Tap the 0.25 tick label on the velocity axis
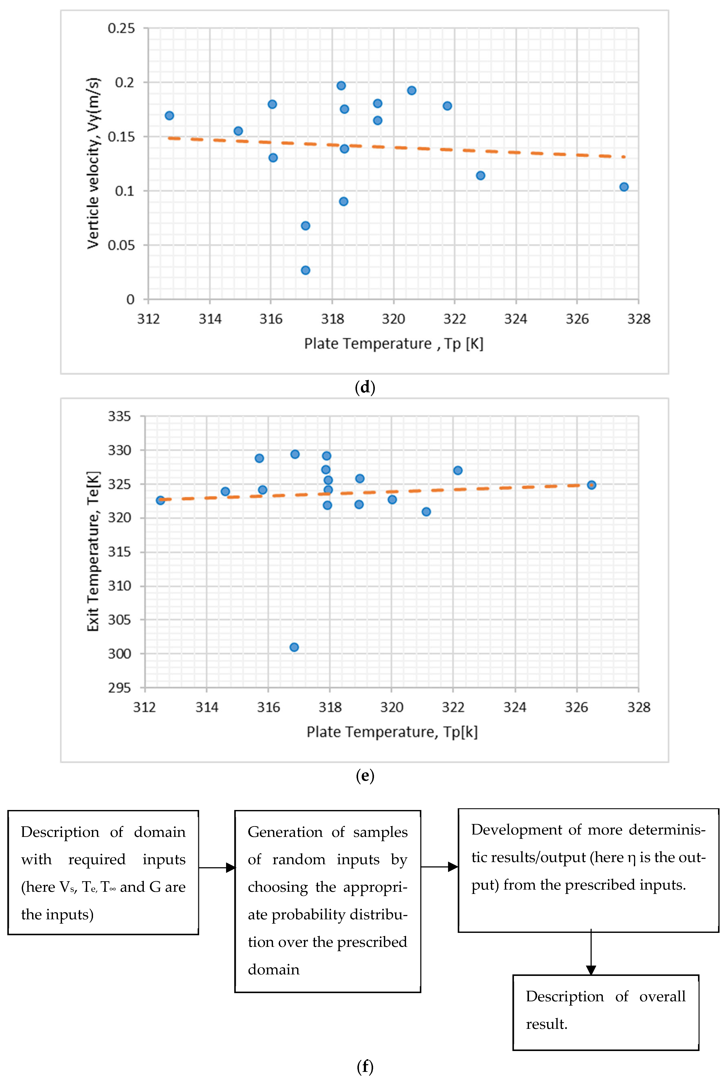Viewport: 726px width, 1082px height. (121, 28)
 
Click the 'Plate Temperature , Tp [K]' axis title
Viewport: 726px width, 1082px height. (394, 344)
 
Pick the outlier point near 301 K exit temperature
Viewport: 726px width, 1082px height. (294, 647)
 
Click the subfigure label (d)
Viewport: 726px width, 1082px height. (365, 387)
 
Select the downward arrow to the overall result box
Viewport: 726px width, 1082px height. (591, 953)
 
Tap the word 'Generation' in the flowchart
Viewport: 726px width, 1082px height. (285, 832)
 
